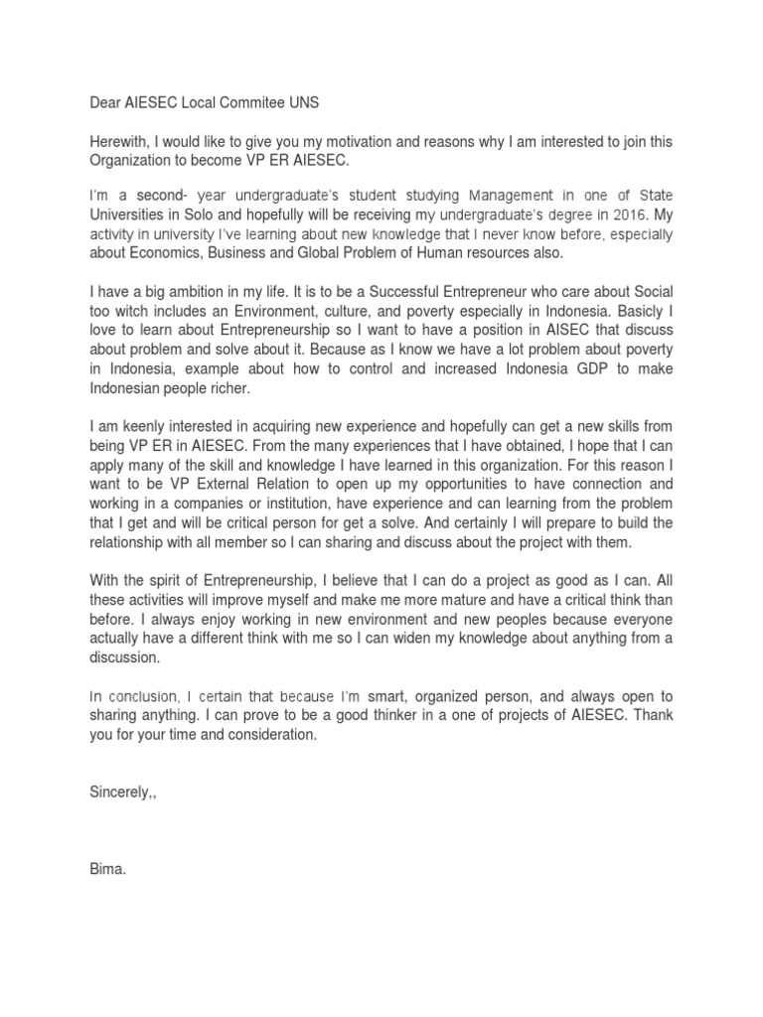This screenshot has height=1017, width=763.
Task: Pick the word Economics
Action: pyautogui.click(x=168, y=252)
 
